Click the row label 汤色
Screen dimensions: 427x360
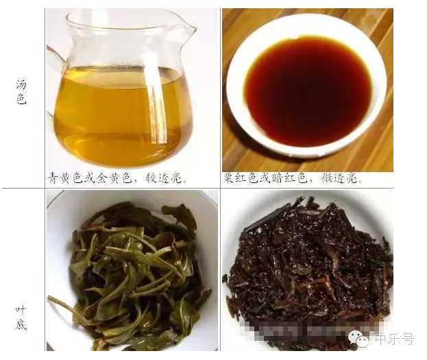tap(21, 93)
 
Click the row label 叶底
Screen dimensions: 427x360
tap(21, 317)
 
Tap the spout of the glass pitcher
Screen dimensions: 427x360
tap(190, 29)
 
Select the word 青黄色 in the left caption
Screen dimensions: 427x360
tap(66, 178)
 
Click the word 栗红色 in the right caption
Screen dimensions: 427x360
tap(241, 178)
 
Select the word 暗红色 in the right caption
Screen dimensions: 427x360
tap(289, 178)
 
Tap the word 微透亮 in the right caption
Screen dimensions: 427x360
tap(339, 178)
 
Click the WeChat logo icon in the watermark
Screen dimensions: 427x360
tap(358, 339)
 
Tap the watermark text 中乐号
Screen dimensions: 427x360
tap(394, 339)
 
